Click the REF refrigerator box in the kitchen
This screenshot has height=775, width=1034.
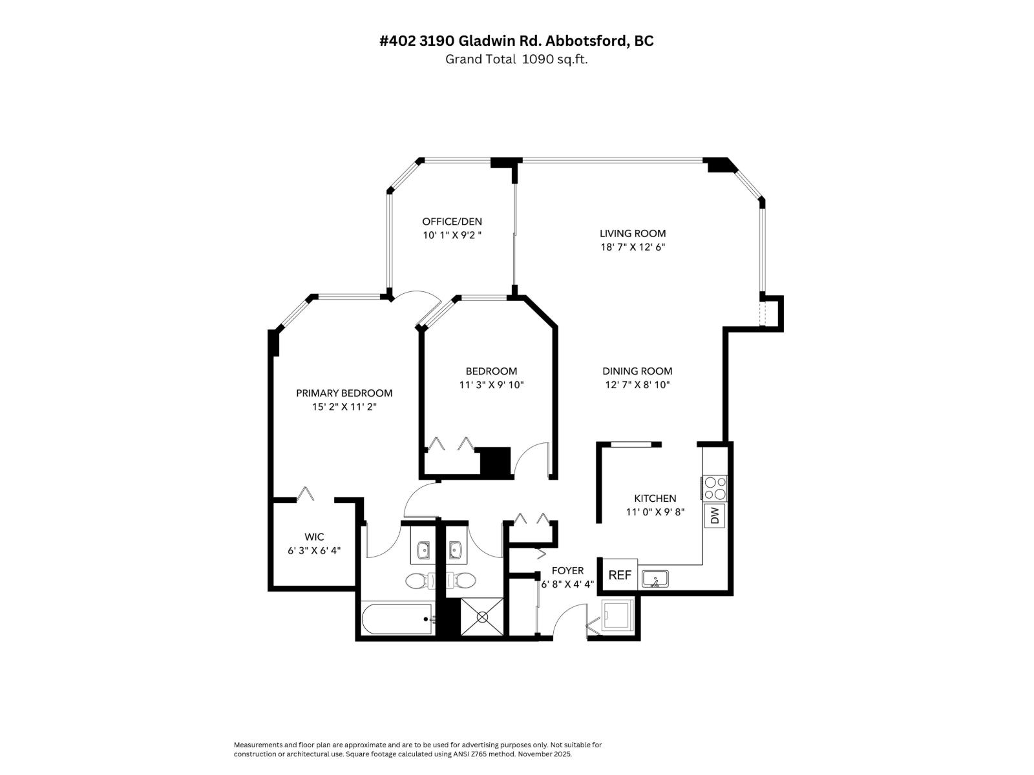pyautogui.click(x=620, y=574)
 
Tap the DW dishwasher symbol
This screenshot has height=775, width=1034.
pyautogui.click(x=715, y=515)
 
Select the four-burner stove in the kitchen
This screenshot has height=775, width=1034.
pyautogui.click(x=715, y=488)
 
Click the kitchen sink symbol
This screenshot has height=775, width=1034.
pyautogui.click(x=655, y=579)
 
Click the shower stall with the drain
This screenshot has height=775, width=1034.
pyautogui.click(x=482, y=617)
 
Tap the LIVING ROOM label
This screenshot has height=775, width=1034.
pyautogui.click(x=632, y=233)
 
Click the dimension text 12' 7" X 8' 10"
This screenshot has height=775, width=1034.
pyautogui.click(x=637, y=385)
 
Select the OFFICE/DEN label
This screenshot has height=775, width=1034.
pyautogui.click(x=452, y=221)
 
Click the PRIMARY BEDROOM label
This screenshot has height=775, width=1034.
pyautogui.click(x=344, y=393)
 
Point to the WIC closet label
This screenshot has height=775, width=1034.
pyautogui.click(x=314, y=537)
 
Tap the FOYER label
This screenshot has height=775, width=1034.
pyautogui.click(x=567, y=570)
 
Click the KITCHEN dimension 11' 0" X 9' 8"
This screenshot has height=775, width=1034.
pyautogui.click(x=655, y=512)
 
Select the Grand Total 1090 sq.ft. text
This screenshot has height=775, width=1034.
pyautogui.click(x=516, y=59)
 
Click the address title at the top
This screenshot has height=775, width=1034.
pyautogui.click(x=516, y=41)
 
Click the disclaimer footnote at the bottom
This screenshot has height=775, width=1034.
pyautogui.click(x=417, y=749)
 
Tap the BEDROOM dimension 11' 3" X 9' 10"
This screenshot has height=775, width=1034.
pyautogui.click(x=491, y=385)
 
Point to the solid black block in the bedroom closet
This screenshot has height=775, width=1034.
pyautogui.click(x=496, y=462)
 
